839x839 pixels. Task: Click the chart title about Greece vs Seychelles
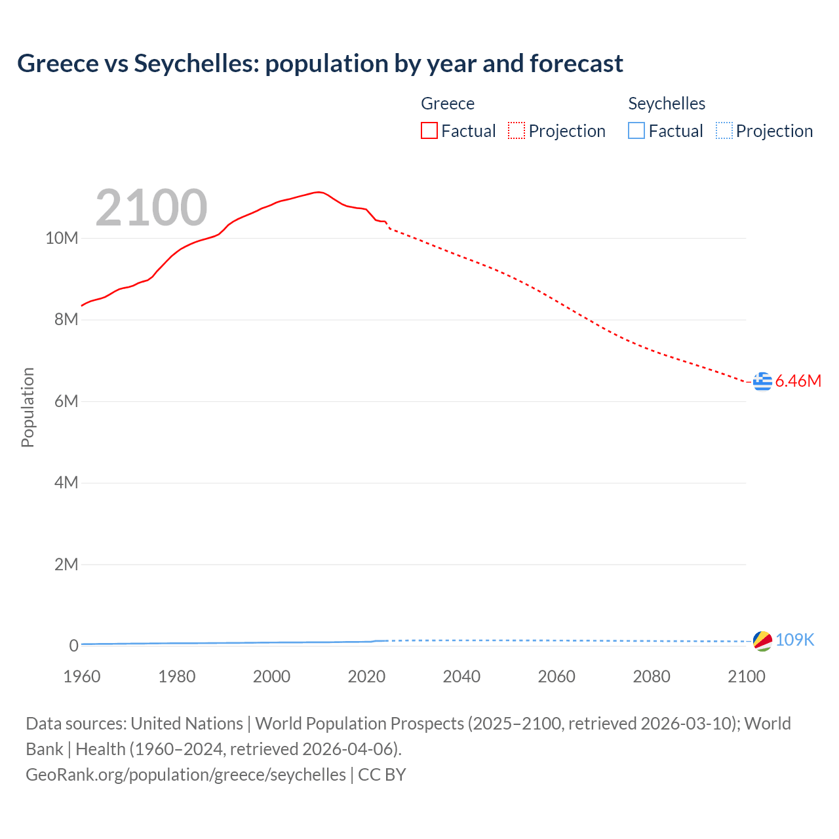click(x=320, y=64)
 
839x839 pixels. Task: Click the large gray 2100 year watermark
click(x=151, y=208)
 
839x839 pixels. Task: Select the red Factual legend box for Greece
click(x=429, y=131)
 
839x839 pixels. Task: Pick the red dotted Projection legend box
click(x=517, y=131)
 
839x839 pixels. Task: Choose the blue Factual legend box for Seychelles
click(x=636, y=131)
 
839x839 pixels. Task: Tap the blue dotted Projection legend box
click(x=724, y=131)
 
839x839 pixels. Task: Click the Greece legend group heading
click(x=448, y=104)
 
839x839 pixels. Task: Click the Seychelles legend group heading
click(x=667, y=104)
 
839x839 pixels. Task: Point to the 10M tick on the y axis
click(x=62, y=238)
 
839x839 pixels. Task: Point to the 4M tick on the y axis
click(x=66, y=483)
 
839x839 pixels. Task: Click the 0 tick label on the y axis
click(x=73, y=646)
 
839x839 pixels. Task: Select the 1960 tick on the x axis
click(x=82, y=676)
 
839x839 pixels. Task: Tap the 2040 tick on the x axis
click(x=461, y=676)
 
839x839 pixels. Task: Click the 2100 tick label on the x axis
click(x=746, y=676)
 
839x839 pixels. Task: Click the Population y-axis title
click(x=28, y=407)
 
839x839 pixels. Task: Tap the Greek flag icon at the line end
click(x=762, y=381)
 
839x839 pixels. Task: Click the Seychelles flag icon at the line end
click(x=762, y=640)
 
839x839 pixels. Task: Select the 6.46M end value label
click(x=798, y=381)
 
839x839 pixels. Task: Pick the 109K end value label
click(x=794, y=640)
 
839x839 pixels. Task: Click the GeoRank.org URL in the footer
click(x=185, y=775)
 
